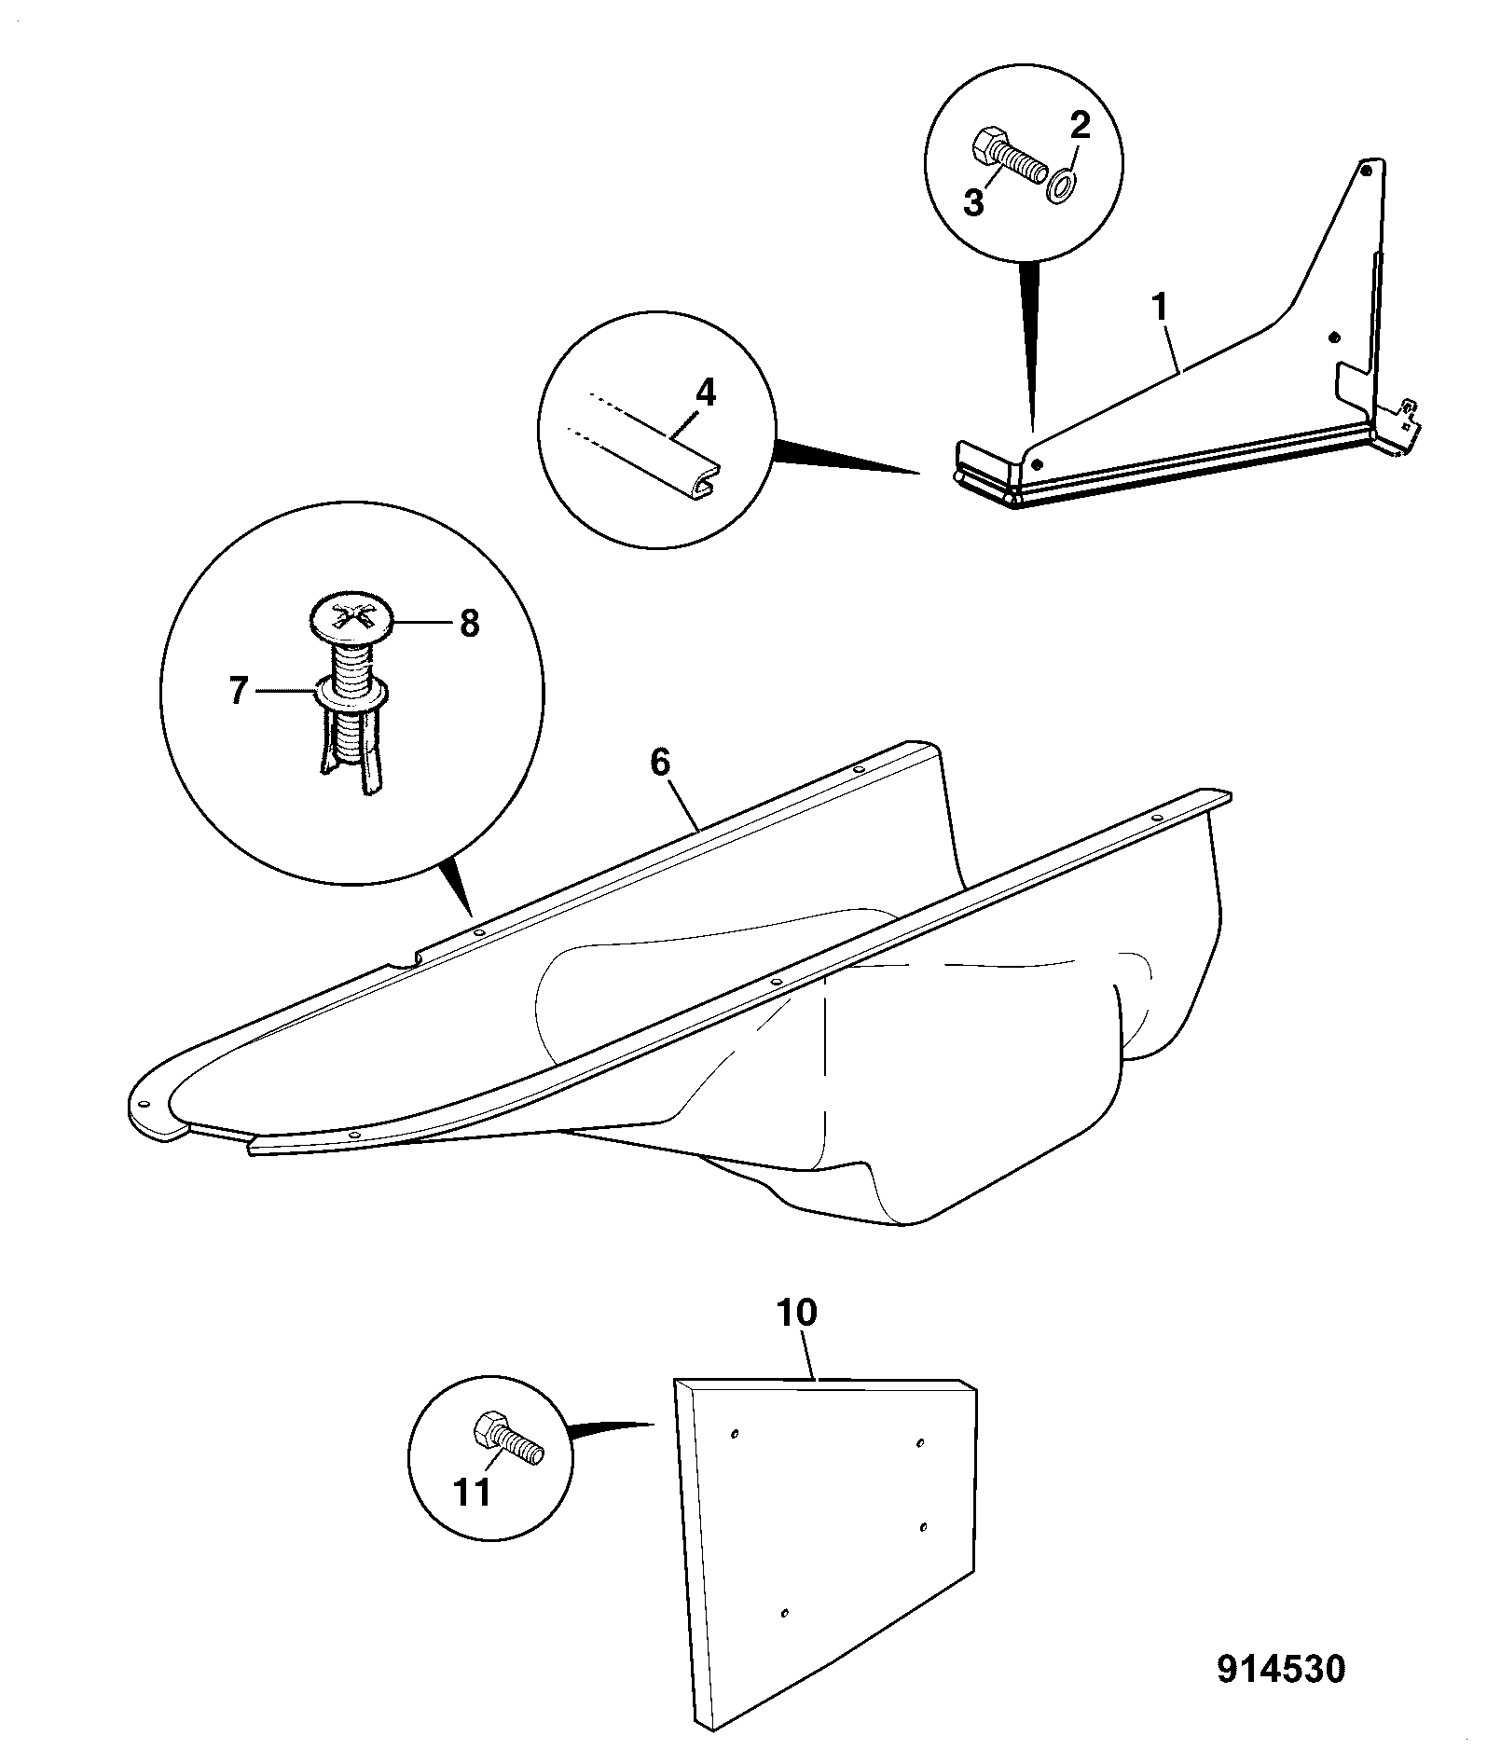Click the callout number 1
click(1161, 308)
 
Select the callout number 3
click(973, 202)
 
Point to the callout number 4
click(706, 393)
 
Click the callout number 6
click(660, 763)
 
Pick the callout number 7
click(240, 691)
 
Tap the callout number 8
click(469, 624)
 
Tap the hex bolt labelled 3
click(1008, 159)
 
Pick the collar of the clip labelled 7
click(351, 691)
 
